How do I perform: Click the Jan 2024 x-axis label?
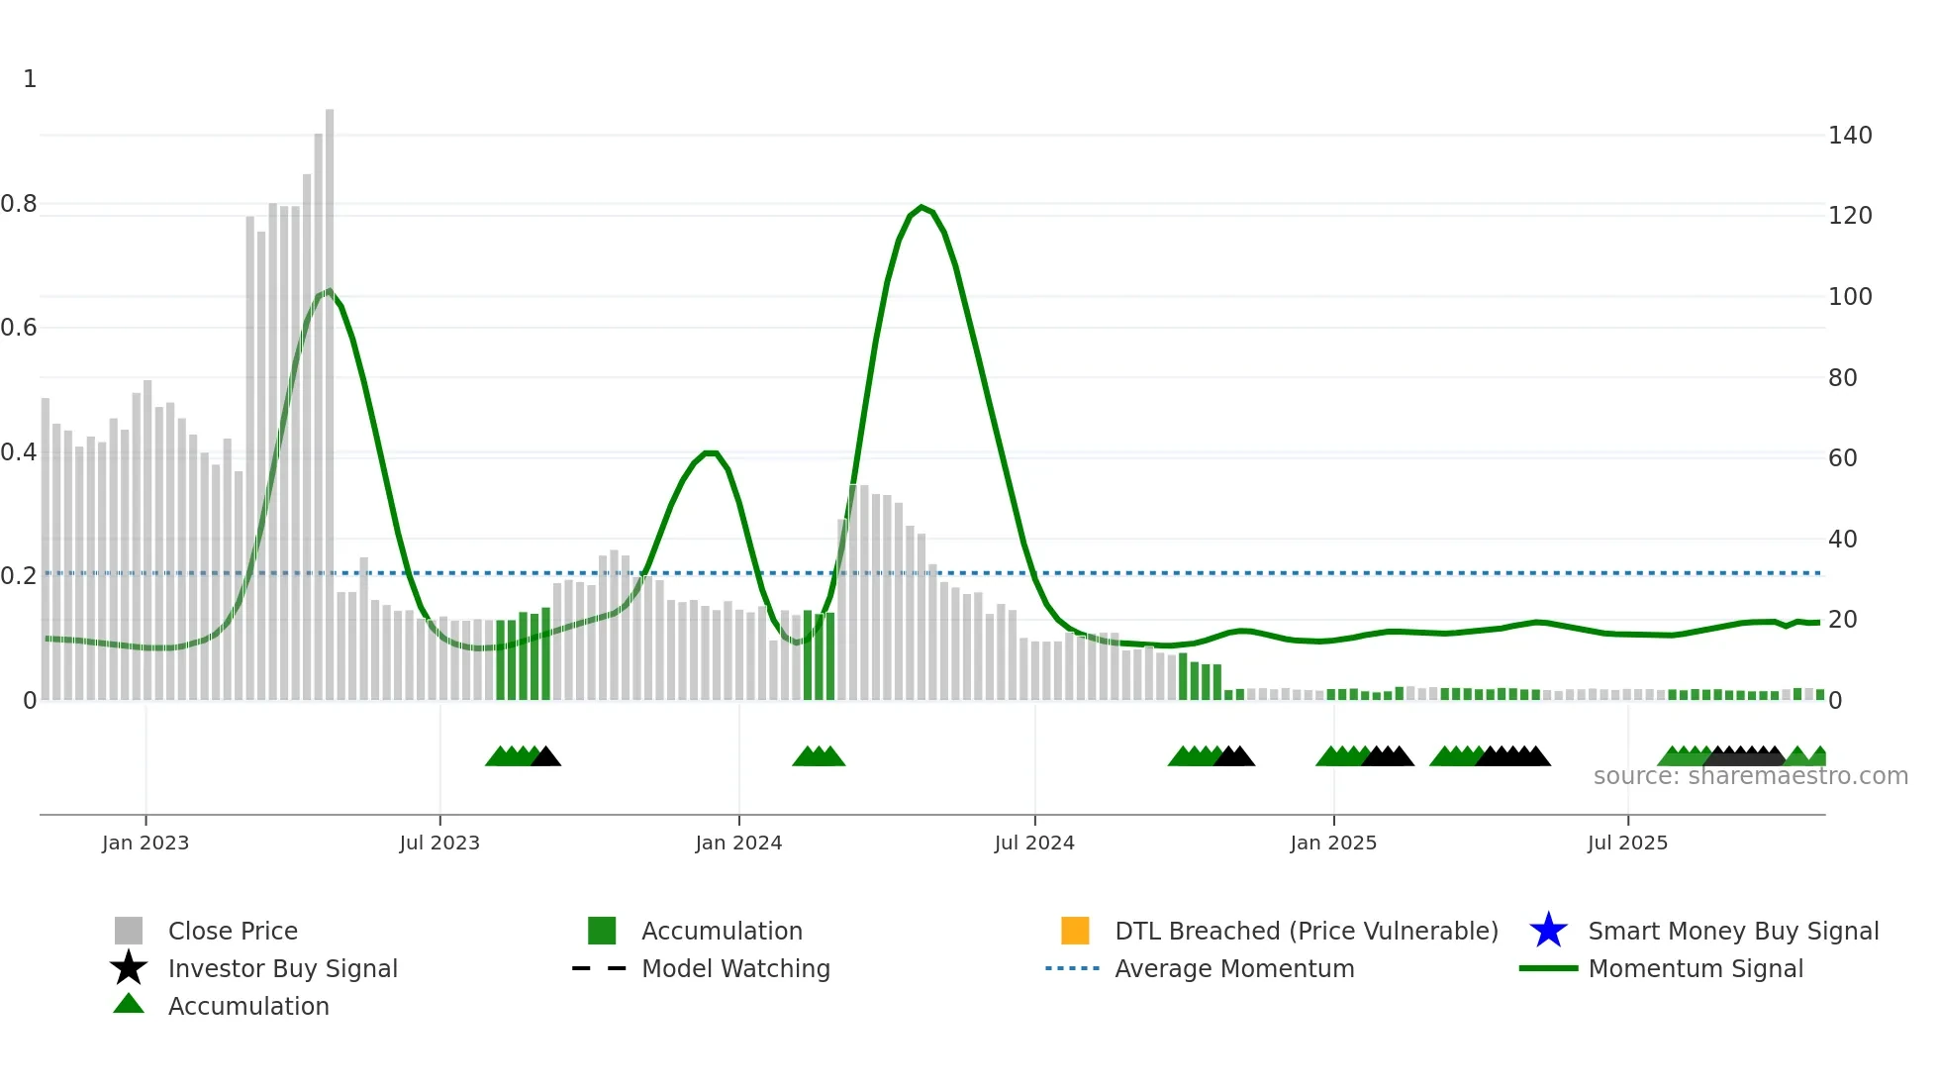click(x=738, y=843)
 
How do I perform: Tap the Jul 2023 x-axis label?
click(x=439, y=843)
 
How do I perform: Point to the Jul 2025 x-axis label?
click(x=1627, y=843)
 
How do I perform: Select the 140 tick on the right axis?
click(x=1850, y=136)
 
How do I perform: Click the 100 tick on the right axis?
click(x=1850, y=297)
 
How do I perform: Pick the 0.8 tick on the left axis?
click(x=19, y=204)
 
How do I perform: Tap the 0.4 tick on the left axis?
click(x=19, y=452)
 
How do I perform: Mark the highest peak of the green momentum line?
click(x=921, y=207)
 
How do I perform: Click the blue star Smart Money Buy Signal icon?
click(x=1548, y=931)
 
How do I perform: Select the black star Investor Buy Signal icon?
click(x=129, y=968)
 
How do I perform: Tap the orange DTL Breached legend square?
click(x=1075, y=931)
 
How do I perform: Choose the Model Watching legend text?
click(x=735, y=968)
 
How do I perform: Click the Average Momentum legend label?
click(x=1234, y=968)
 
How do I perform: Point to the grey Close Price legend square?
click(x=129, y=931)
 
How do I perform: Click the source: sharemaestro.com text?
click(x=1750, y=776)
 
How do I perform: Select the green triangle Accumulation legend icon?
click(x=129, y=1004)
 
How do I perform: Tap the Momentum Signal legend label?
click(x=1696, y=968)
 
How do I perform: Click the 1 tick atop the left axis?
click(x=30, y=79)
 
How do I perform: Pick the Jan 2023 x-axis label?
click(x=145, y=843)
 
